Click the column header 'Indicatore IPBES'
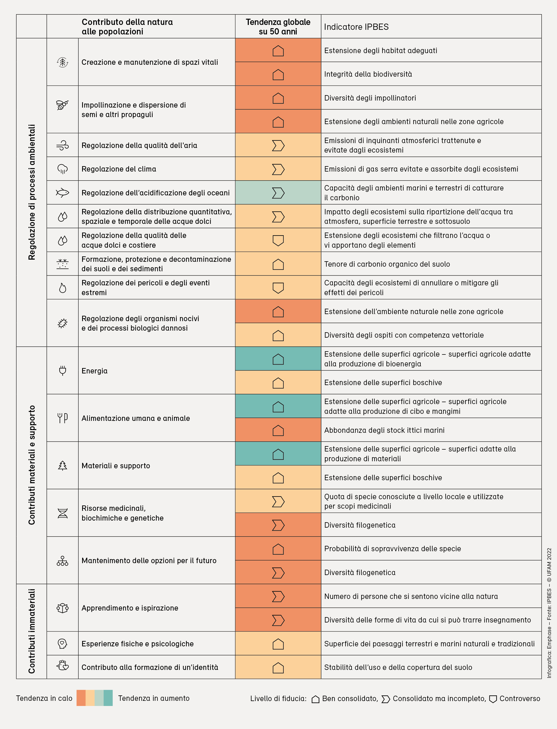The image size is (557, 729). [x=356, y=27]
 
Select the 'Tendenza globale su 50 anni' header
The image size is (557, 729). [x=278, y=27]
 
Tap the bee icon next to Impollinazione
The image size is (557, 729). [x=62, y=105]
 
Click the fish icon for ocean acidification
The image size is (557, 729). [x=62, y=193]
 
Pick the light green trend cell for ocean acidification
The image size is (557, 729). [x=278, y=193]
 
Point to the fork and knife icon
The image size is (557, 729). [x=62, y=418]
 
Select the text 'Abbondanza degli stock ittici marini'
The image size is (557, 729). [x=384, y=430]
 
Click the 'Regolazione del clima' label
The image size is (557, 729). [x=119, y=169]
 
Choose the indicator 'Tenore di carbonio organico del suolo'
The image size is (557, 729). [x=387, y=264]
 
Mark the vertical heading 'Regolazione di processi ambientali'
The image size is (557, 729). [x=31, y=192]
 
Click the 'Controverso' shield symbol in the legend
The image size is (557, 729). [x=493, y=699]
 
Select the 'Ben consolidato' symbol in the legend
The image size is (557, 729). [x=315, y=699]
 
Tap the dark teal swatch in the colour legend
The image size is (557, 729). [x=108, y=698]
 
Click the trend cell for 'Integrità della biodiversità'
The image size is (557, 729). [x=278, y=74]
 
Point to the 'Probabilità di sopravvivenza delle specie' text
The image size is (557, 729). [x=392, y=549]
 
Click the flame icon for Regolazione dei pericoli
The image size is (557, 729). [x=62, y=288]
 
